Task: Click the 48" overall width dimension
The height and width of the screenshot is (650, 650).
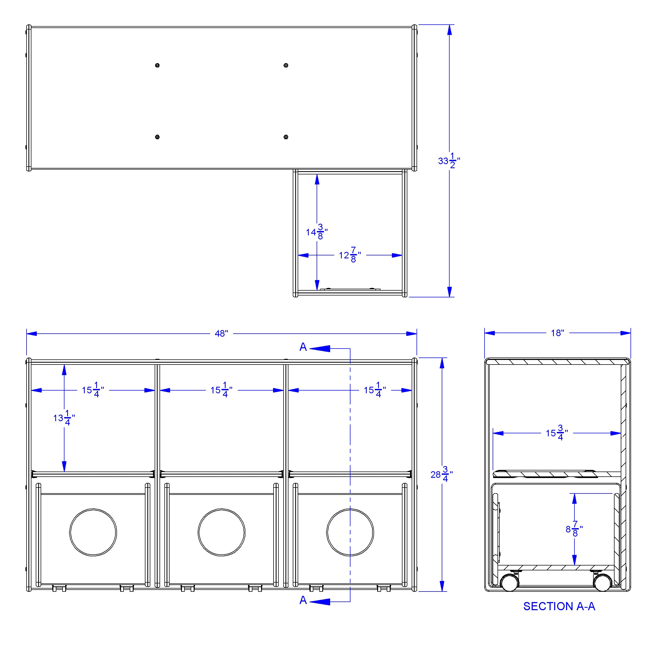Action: point(221,333)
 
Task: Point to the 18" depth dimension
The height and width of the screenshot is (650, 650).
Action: point(557,333)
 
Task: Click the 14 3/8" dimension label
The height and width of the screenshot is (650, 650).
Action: point(317,232)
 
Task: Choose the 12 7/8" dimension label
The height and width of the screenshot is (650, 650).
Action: point(350,255)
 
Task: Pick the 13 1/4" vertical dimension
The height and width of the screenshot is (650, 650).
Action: point(64,418)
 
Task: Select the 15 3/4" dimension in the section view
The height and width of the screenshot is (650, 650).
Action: point(557,433)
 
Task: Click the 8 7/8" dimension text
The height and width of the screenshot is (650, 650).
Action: point(574,529)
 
